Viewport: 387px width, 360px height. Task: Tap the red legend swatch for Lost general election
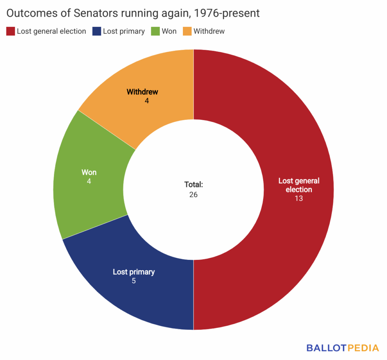[10, 31]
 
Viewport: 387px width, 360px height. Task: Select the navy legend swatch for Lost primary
[96, 31]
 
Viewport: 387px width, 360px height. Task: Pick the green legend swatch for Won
[155, 31]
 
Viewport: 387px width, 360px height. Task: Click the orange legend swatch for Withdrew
[187, 31]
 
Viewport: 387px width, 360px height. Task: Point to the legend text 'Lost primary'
[124, 31]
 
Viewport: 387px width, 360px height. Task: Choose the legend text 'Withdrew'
[209, 31]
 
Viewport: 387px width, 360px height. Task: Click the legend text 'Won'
[169, 31]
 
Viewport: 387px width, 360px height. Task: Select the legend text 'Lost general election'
[51, 31]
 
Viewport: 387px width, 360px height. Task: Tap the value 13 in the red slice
[299, 198]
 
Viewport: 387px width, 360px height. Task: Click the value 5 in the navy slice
[134, 281]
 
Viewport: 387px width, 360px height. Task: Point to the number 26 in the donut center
[193, 195]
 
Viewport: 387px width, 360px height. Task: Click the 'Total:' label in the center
[193, 185]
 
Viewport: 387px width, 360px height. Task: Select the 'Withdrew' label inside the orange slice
[142, 92]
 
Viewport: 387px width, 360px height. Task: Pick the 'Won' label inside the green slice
[89, 172]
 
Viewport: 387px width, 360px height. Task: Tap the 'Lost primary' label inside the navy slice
[134, 272]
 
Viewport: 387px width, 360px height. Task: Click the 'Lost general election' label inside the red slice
[299, 185]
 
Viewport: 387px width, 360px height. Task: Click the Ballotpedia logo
[343, 348]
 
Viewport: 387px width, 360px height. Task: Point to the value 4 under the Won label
[89, 181]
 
